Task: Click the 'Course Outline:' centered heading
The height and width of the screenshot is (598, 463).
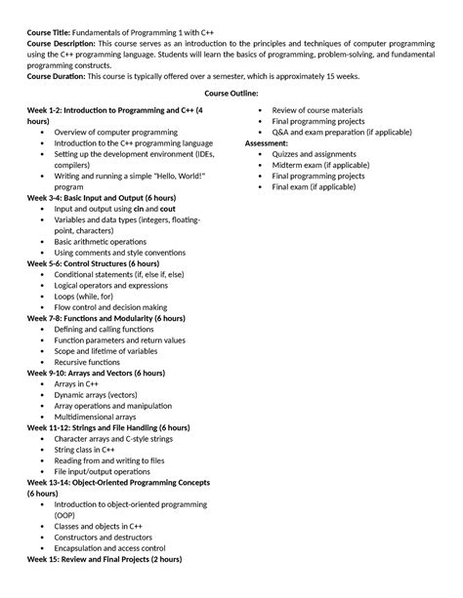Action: (231, 94)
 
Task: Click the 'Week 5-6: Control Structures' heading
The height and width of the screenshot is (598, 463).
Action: (94, 263)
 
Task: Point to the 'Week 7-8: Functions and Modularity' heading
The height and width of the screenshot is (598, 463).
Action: (105, 318)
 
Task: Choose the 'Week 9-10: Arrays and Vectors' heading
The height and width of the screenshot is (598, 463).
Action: (102, 373)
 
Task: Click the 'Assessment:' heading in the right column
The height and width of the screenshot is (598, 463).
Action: (267, 142)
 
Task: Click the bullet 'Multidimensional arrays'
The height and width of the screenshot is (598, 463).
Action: (95, 417)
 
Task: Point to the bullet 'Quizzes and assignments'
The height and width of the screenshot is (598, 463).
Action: (314, 154)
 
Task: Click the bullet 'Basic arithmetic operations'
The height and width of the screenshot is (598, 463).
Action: (104, 241)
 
